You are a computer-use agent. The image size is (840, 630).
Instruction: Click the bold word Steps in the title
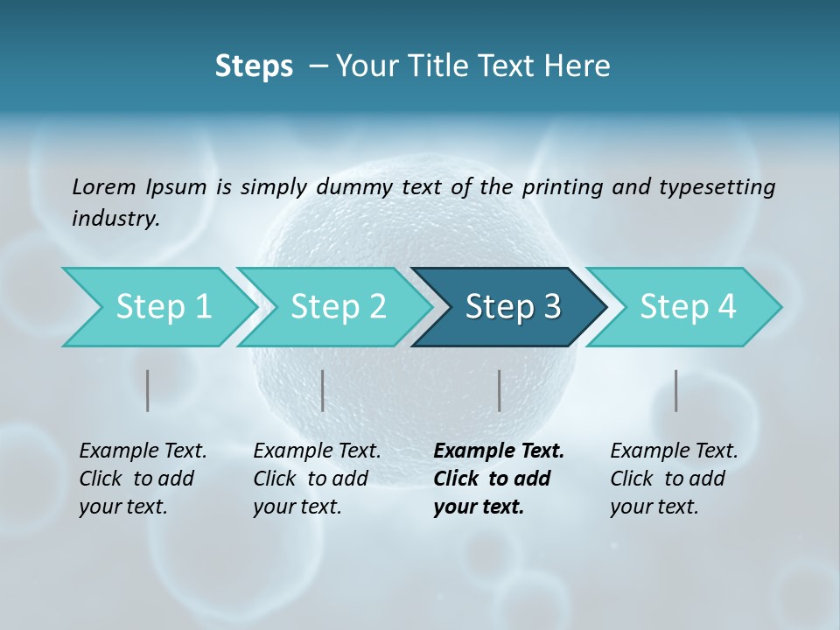point(254,66)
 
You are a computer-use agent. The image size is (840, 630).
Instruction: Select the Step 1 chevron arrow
point(157,307)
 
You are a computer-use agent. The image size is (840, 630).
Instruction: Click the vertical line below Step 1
point(148,390)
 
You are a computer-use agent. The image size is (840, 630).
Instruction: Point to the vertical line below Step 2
point(323,390)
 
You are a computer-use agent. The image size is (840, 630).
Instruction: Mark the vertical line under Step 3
point(500,390)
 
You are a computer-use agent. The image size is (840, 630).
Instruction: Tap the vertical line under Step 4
point(676,390)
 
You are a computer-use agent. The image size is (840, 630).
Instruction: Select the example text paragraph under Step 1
point(143,479)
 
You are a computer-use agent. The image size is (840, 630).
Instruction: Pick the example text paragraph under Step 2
point(317,479)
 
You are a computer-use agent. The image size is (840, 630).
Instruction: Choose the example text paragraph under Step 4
point(674,479)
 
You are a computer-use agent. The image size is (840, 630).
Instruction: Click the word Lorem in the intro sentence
point(104,186)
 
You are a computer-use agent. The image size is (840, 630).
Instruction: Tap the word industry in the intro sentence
point(115,219)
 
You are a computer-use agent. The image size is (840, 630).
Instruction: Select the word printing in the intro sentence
point(560,187)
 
